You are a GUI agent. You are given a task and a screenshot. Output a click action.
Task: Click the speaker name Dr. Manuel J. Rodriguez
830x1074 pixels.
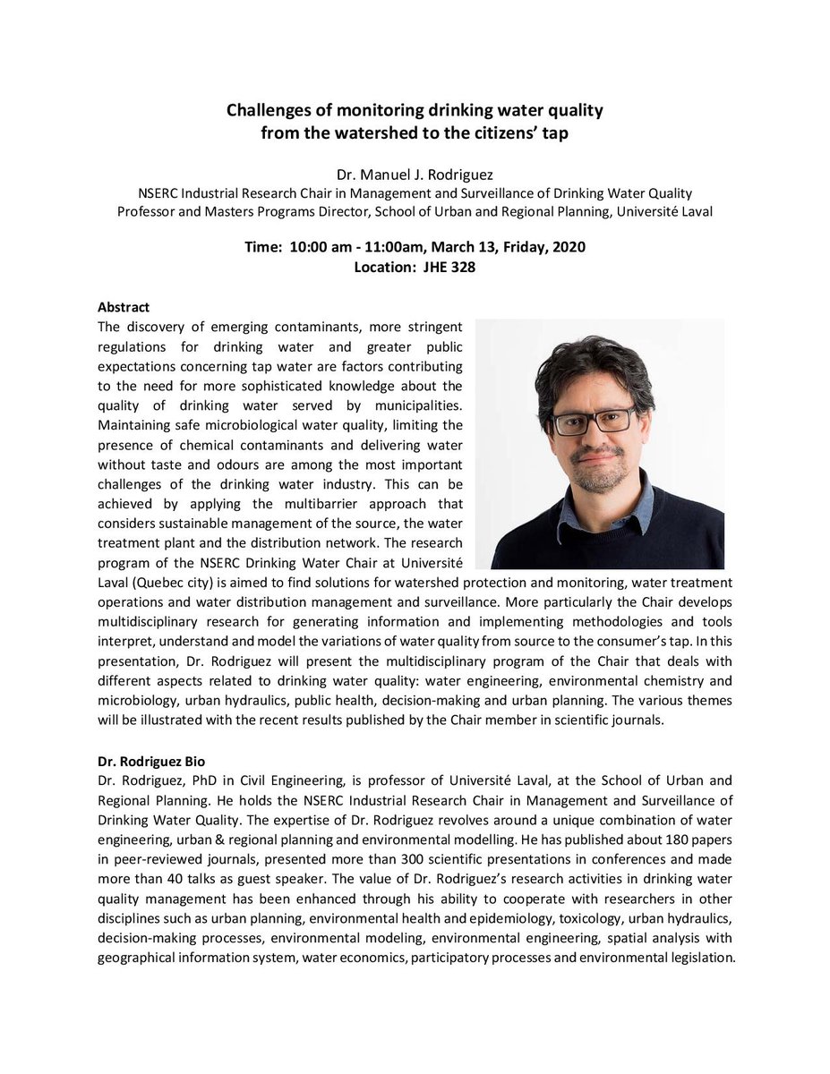414,171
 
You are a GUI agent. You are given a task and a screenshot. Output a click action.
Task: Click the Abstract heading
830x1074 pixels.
124,307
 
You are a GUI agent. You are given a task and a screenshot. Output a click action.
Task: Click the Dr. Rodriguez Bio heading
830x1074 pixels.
151,762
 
